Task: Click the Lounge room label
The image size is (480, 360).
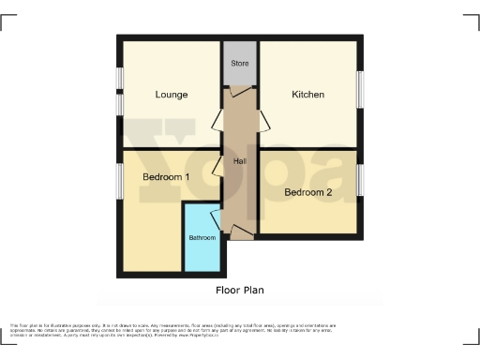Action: coord(172,95)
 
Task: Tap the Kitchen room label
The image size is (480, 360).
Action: coord(307,95)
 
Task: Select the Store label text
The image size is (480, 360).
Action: coord(240,64)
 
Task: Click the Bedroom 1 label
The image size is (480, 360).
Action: coord(166,177)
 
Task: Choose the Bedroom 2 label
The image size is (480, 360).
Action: coord(308,192)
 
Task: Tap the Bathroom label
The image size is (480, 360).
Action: coord(202,238)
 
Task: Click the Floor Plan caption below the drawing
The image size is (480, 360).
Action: coord(240,291)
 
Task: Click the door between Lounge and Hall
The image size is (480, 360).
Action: coord(217,119)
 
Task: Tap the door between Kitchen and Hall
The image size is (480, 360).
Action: coord(263,119)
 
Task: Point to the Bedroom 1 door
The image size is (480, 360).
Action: coord(217,167)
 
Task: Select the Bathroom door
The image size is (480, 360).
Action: coord(217,221)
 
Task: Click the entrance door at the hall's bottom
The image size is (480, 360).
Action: coord(241,232)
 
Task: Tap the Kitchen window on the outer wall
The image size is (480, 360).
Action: coord(360,91)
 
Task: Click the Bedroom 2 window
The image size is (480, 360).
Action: coord(360,179)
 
